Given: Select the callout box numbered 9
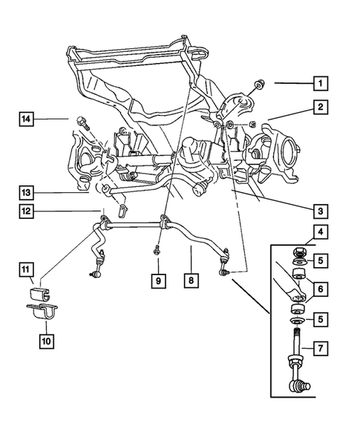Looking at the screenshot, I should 158,280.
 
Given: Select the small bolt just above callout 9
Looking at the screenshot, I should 158,251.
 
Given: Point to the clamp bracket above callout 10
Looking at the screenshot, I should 43,315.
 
